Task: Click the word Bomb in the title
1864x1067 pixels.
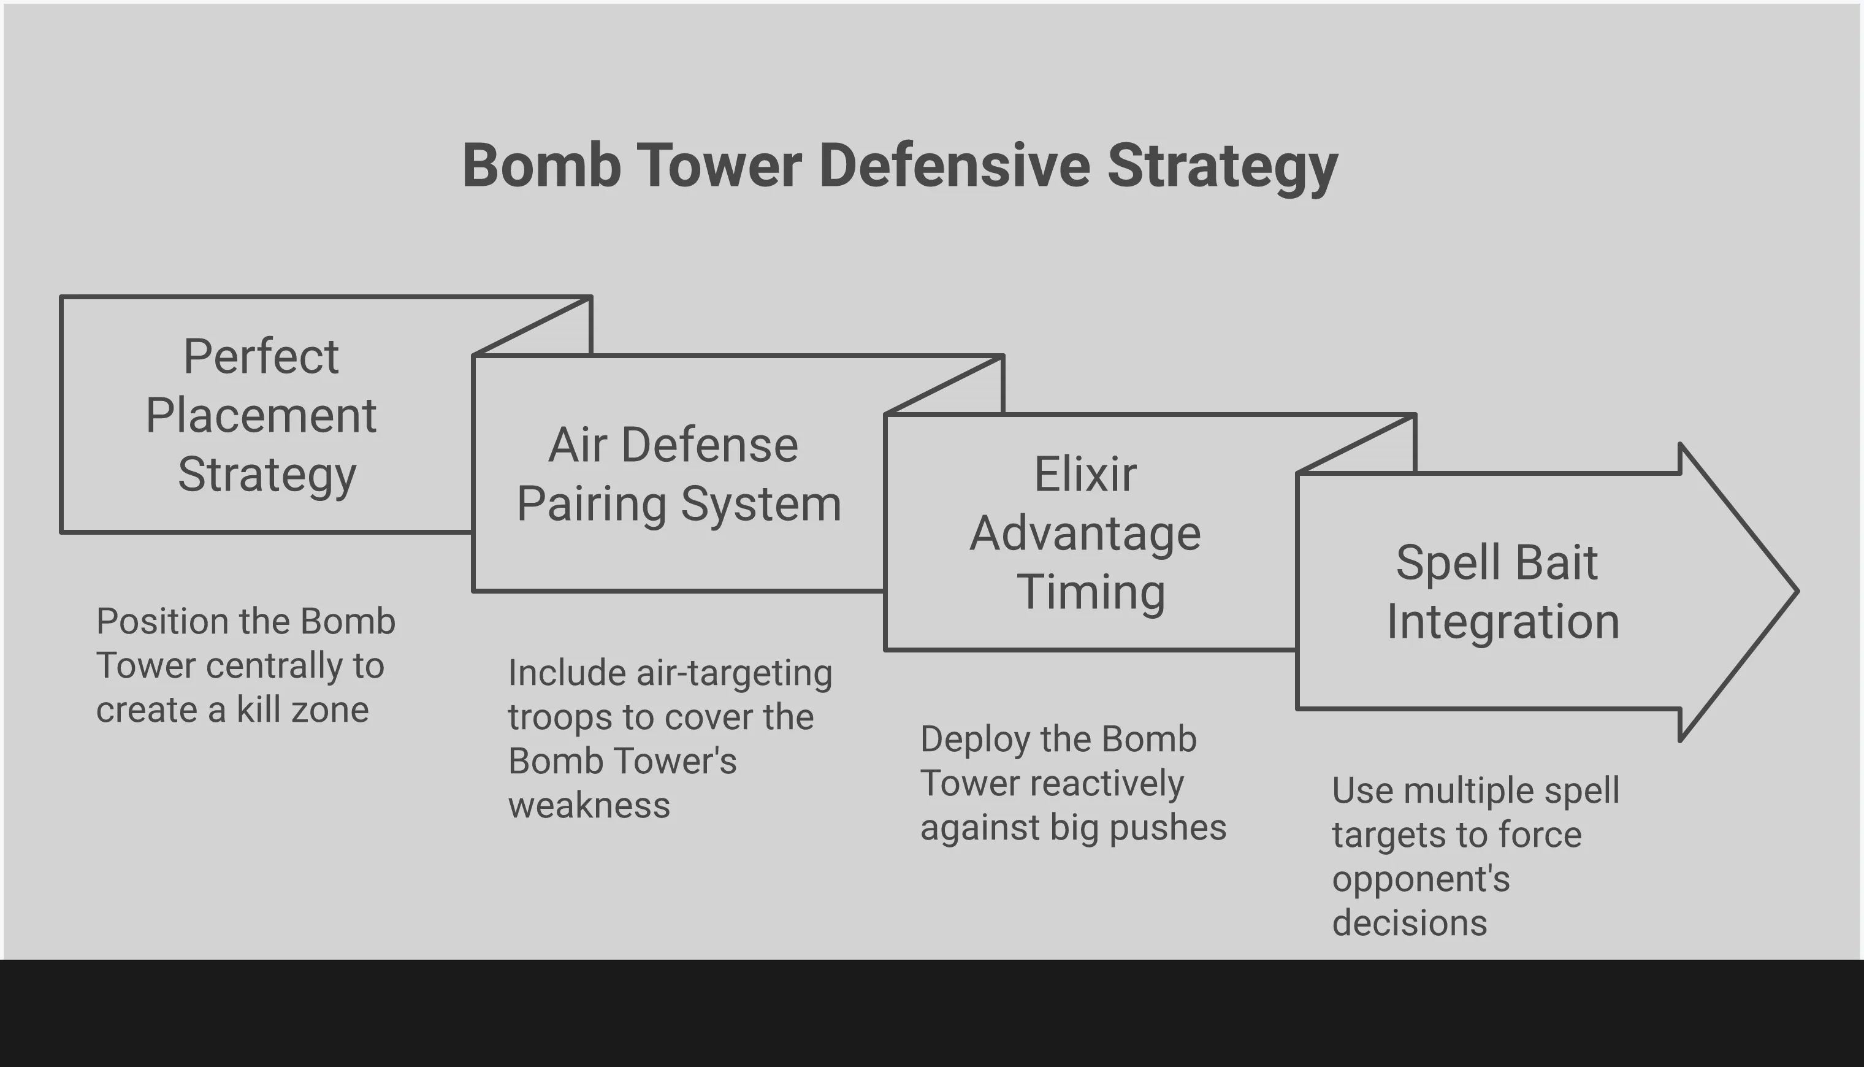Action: click(x=541, y=166)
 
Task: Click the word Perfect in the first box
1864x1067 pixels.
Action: click(x=261, y=357)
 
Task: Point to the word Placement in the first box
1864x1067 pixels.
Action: click(x=261, y=416)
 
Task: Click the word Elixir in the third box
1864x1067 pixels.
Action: click(x=1085, y=474)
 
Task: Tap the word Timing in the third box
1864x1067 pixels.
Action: click(x=1090, y=592)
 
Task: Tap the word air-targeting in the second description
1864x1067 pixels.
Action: click(x=734, y=673)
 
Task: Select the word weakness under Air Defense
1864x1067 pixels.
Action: click(x=589, y=805)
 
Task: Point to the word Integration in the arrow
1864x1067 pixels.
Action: click(x=1503, y=621)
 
